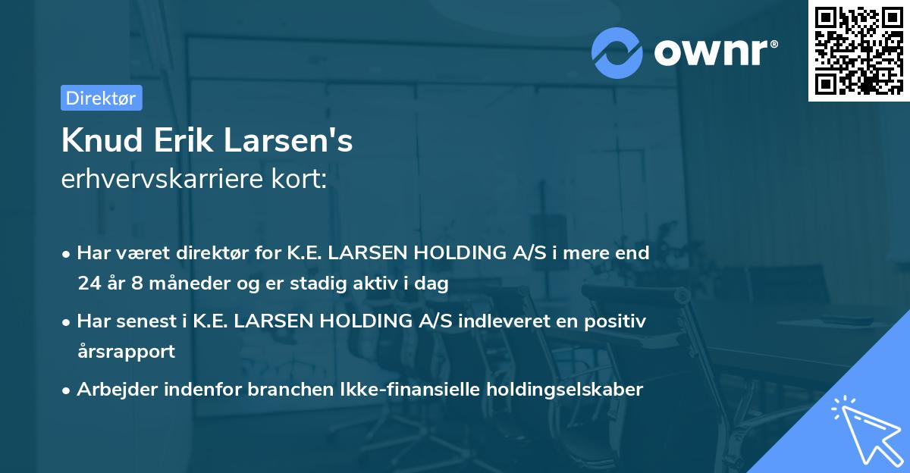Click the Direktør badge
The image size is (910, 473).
click(101, 98)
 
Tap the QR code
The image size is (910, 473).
click(858, 50)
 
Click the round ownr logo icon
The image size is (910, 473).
click(617, 52)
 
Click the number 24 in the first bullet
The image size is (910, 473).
click(88, 283)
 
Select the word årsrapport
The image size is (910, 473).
click(126, 352)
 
